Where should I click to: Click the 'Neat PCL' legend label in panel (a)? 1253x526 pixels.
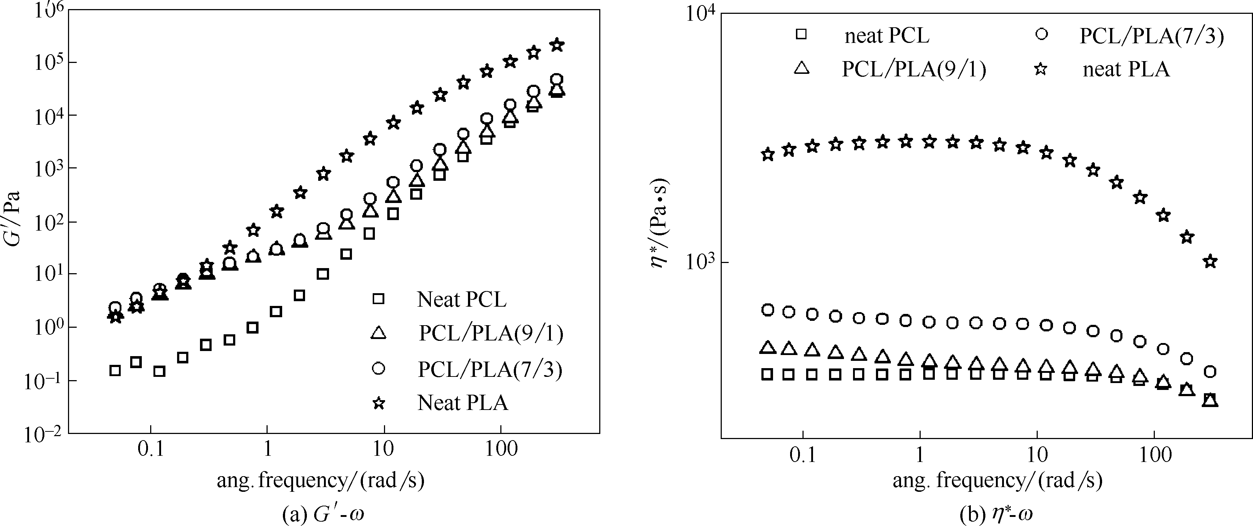click(x=462, y=300)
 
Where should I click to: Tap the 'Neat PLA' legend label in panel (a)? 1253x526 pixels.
click(x=463, y=403)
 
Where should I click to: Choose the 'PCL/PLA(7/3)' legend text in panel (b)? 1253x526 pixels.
click(x=1151, y=36)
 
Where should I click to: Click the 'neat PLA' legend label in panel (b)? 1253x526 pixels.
click(x=1126, y=69)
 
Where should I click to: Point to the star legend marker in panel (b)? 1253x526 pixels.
click(x=1041, y=69)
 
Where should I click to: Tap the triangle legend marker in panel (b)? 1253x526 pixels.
click(x=801, y=68)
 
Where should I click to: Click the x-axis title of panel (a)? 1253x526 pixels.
click(x=321, y=480)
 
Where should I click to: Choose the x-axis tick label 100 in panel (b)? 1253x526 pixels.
click(x=1155, y=455)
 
